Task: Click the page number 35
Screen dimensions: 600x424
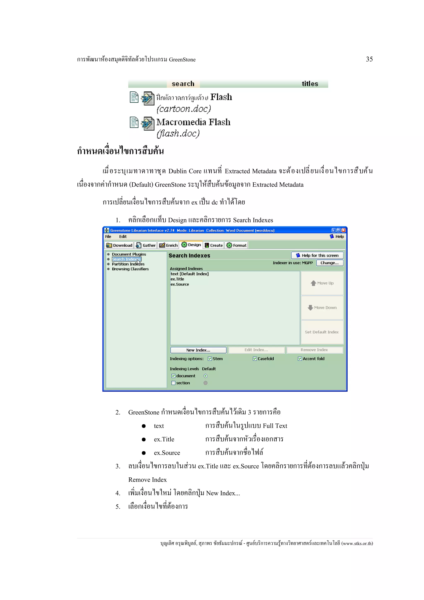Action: coord(369,59)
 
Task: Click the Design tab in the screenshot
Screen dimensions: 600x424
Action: coord(191,245)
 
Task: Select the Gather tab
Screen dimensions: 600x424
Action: coord(146,245)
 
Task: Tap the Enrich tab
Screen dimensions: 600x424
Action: coord(169,245)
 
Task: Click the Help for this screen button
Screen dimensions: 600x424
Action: coord(317,255)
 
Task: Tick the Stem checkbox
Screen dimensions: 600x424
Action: coord(210,359)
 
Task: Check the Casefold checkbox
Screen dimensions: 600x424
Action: coord(255,359)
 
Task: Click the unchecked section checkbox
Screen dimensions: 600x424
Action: coord(173,383)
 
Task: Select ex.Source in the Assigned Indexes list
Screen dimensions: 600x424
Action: coord(180,284)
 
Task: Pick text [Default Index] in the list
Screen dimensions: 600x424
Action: coord(189,274)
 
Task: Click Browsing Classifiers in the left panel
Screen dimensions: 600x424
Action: coord(130,269)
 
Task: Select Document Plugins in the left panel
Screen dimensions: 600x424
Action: coord(129,254)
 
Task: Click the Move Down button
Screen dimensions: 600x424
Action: coord(322,308)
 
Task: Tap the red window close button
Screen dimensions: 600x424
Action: coord(343,230)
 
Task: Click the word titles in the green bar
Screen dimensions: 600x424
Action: coord(310,84)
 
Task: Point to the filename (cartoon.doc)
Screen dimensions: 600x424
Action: coord(184,109)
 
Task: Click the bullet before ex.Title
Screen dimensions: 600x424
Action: coord(144,440)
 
